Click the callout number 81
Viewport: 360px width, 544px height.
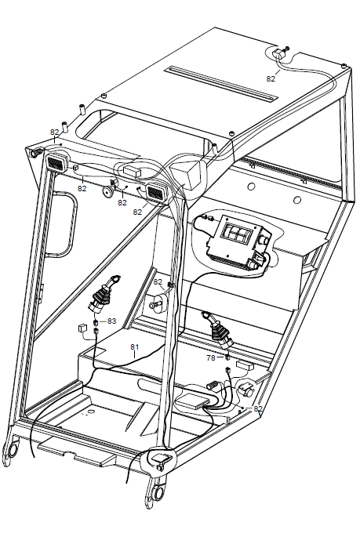(134, 346)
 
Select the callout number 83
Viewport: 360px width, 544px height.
(111, 321)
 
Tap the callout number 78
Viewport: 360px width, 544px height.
(211, 357)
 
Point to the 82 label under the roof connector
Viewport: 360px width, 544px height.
(271, 78)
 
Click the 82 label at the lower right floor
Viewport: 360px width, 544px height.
(258, 408)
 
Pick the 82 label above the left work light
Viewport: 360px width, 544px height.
(54, 132)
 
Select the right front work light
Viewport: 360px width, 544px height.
(158, 192)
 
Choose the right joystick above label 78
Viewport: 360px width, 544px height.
(218, 330)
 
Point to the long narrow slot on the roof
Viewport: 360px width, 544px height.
(221, 84)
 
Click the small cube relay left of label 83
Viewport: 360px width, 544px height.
(83, 328)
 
